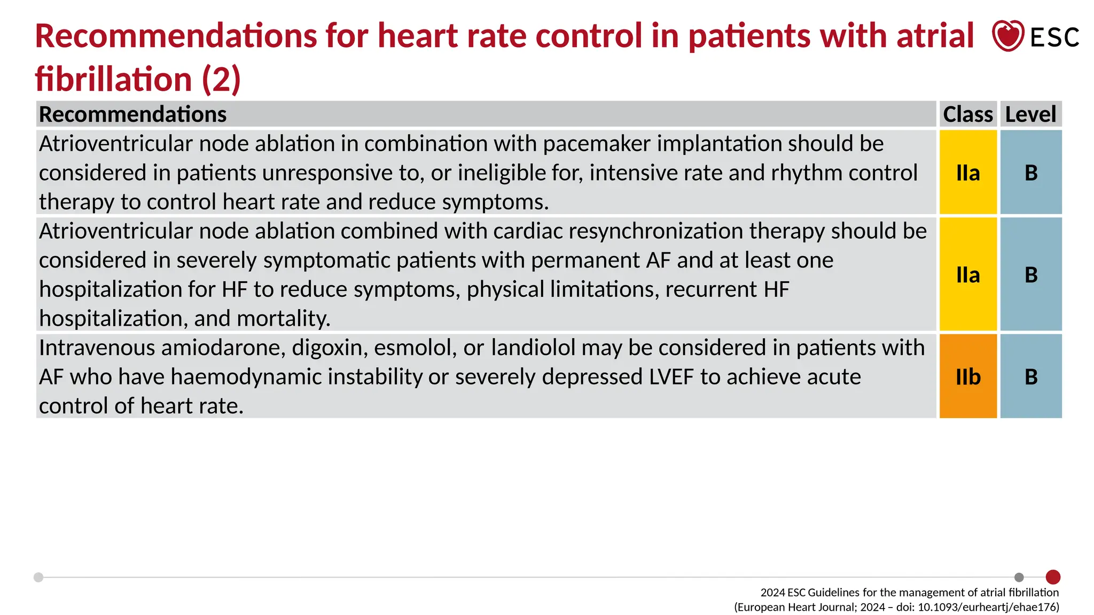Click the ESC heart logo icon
tap(1007, 36)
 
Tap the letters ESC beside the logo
tap(1054, 37)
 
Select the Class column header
tap(967, 114)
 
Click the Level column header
tap(1030, 114)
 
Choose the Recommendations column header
tap(133, 114)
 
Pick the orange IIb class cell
tap(968, 376)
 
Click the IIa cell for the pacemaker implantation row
tap(968, 172)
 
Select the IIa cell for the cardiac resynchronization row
tap(968, 274)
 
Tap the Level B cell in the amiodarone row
tap(1031, 376)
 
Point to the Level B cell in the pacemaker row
tap(1031, 172)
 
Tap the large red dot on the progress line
tap(1053, 577)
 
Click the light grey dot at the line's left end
tap(38, 577)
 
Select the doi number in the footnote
tap(988, 607)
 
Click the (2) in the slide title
tap(221, 79)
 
